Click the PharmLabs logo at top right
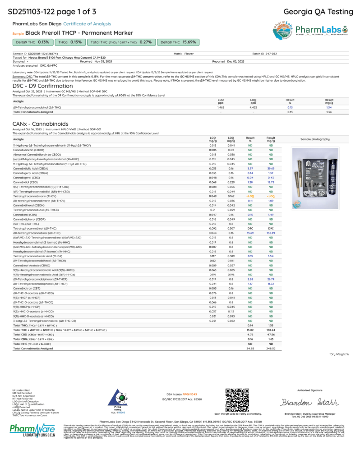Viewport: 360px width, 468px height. click(311, 30)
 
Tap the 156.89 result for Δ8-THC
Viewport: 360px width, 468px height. click(271, 233)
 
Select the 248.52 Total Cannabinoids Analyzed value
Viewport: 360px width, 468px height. click(271, 348)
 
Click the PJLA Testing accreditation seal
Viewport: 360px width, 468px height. click(119, 401)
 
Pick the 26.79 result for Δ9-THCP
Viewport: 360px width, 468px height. click(271, 279)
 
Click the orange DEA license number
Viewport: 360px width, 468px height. click(183, 394)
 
